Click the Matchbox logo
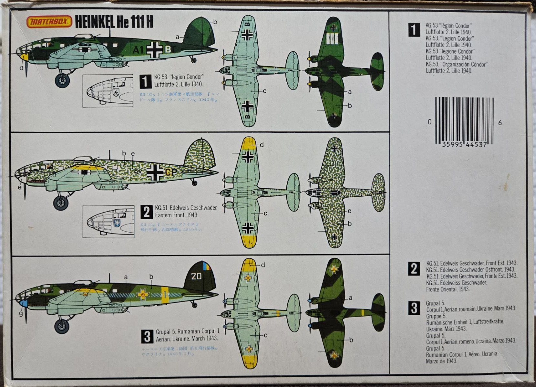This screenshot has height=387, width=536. (x=49, y=22)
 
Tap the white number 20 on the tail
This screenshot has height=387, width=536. (x=196, y=276)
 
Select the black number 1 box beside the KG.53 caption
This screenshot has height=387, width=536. (x=146, y=81)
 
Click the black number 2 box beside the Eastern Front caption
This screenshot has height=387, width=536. (x=147, y=212)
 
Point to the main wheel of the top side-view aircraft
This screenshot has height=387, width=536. (x=62, y=80)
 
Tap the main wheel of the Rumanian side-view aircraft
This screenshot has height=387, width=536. (x=61, y=327)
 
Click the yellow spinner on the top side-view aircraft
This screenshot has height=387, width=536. (x=24, y=58)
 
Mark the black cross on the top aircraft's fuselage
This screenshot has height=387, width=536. (x=155, y=49)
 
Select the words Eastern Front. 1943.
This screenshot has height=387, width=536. (x=177, y=215)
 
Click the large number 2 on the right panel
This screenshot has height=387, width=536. (x=414, y=269)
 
